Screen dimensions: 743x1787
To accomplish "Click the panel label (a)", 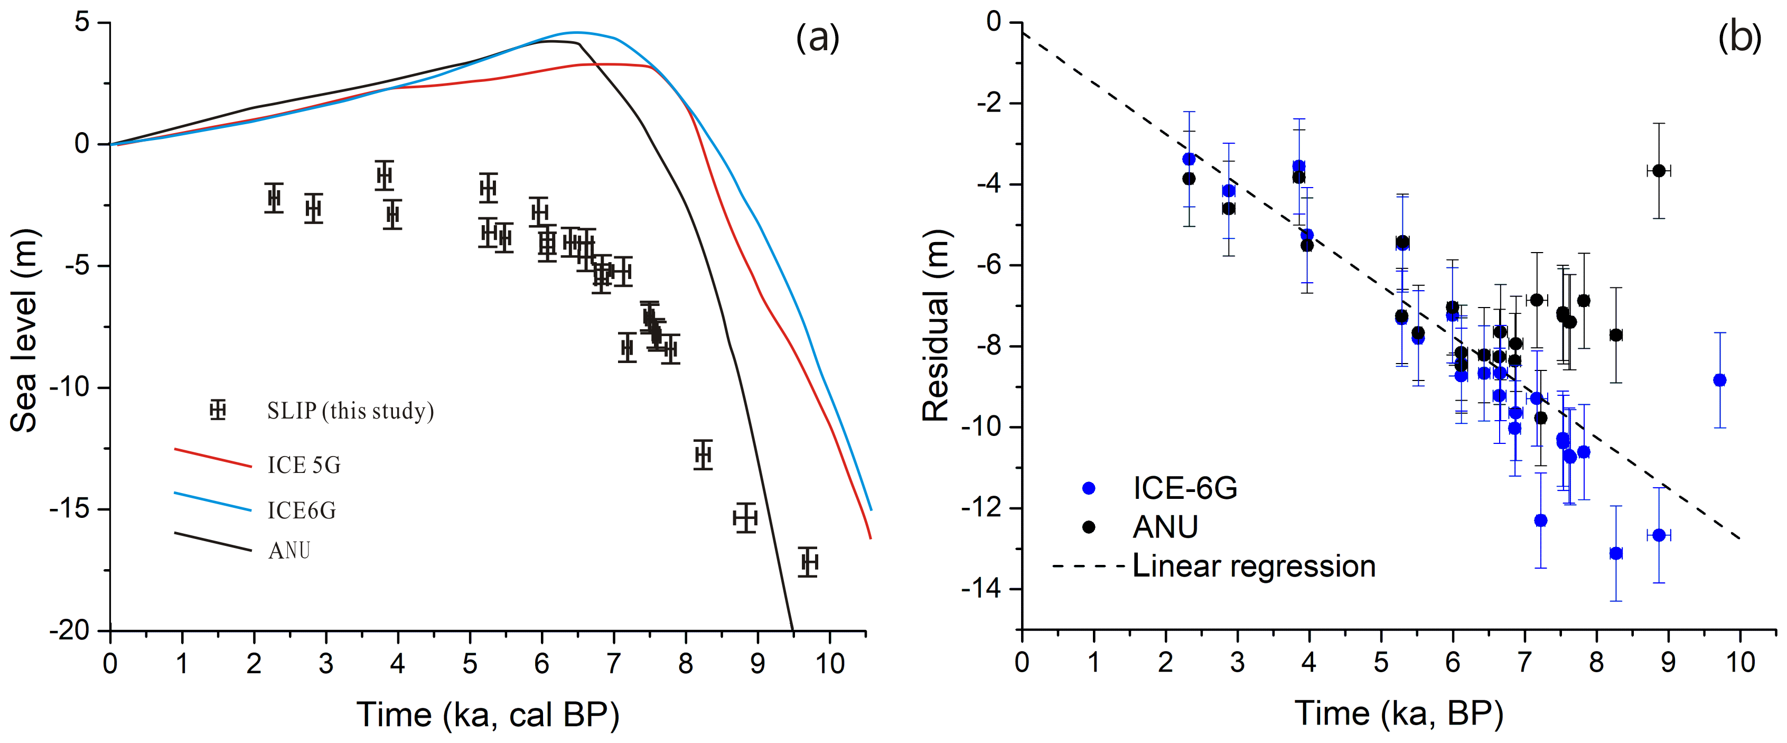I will (817, 38).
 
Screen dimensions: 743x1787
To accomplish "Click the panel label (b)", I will (1739, 38).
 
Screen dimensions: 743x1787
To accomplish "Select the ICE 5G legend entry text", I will (304, 465).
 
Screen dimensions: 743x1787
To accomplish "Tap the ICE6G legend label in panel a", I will (302, 510).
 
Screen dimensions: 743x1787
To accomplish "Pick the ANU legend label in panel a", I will (289, 551).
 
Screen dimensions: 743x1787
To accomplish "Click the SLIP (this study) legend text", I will (350, 411).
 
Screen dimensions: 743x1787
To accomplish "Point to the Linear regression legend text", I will (1253, 566).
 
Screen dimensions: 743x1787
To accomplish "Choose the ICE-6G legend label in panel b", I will (1185, 488).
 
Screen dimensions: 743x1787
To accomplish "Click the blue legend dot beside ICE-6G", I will (1089, 488).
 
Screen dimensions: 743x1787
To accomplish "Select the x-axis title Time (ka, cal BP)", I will (488, 714).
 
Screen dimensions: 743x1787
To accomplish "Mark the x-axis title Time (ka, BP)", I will (1399, 713).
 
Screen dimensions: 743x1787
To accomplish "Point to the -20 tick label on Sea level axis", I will (69, 630).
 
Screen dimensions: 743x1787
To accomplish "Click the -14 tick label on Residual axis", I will (981, 590).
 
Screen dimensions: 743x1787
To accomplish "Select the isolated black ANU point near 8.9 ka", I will (1659, 171).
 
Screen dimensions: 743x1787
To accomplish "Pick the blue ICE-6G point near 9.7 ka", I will (1719, 380).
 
